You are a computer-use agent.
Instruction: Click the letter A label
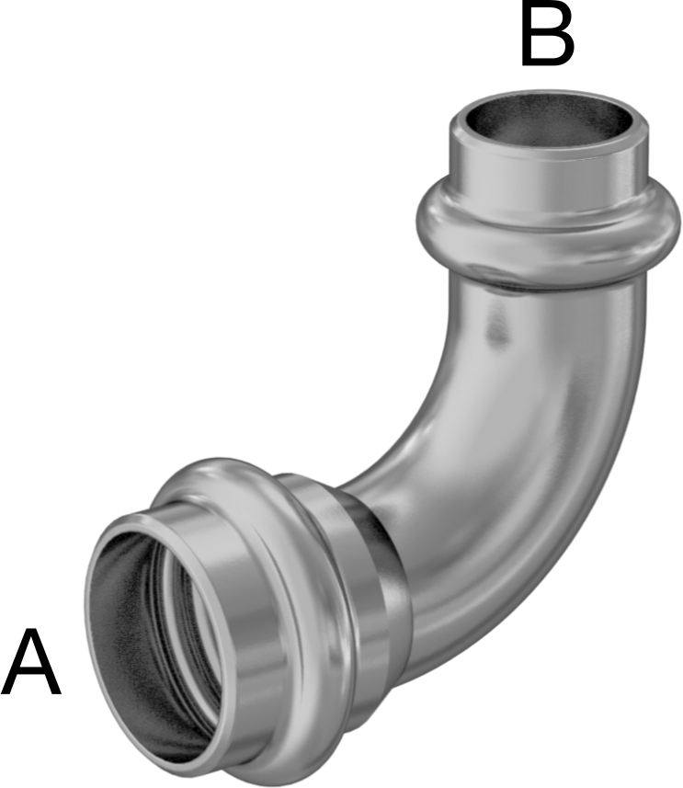coord(31,662)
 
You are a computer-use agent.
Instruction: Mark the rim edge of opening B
coord(548,95)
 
